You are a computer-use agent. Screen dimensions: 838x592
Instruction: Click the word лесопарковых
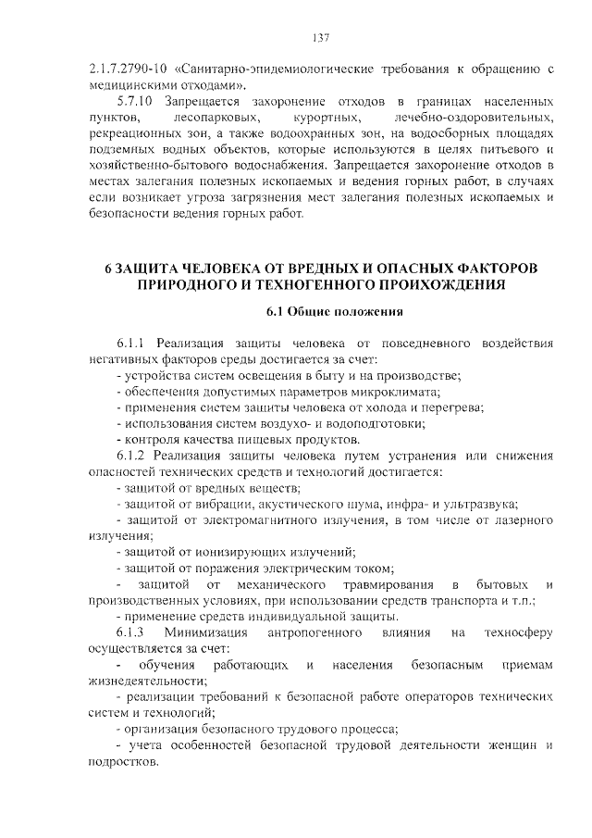coord(216,117)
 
